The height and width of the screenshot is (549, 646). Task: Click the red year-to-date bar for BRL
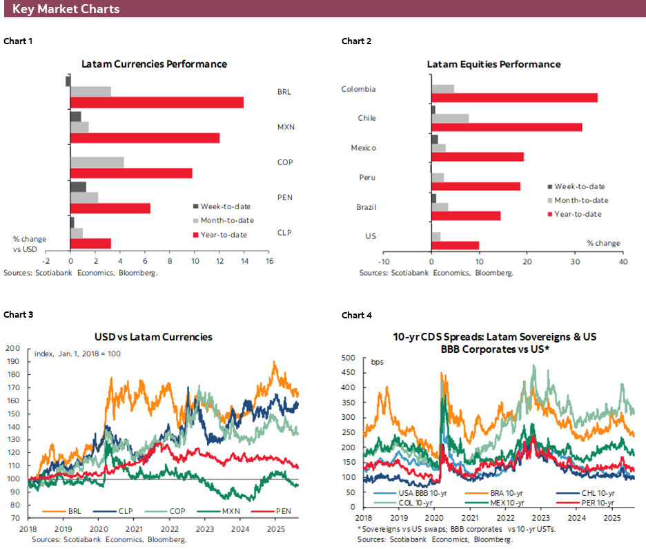pyautogui.click(x=157, y=102)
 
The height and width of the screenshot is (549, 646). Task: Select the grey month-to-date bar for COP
pyautogui.click(x=97, y=162)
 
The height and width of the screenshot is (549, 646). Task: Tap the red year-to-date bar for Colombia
pyautogui.click(x=514, y=97)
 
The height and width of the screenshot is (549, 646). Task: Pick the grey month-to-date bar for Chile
pyautogui.click(x=450, y=118)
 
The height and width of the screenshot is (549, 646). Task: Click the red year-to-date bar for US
pyautogui.click(x=455, y=245)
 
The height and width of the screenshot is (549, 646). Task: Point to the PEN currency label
pyautogui.click(x=284, y=198)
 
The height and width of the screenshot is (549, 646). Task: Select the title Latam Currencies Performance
pyautogui.click(x=154, y=64)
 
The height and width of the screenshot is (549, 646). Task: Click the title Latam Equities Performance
pyautogui.click(x=493, y=64)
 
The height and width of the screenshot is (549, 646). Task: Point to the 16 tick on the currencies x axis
pyautogui.click(x=269, y=261)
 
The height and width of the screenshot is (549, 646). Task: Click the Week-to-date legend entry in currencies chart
pyautogui.click(x=225, y=206)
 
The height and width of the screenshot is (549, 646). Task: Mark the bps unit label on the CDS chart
pyautogui.click(x=377, y=362)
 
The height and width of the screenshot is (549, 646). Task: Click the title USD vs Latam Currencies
pyautogui.click(x=153, y=337)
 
